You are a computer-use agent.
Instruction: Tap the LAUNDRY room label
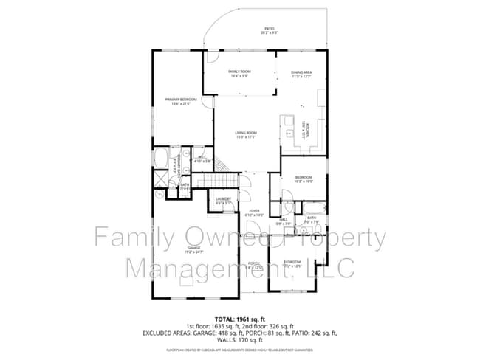pos(224,200)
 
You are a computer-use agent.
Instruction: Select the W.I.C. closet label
pos(202,159)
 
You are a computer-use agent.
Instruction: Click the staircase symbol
pos(222,180)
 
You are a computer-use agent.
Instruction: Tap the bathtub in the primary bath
pos(161,159)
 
